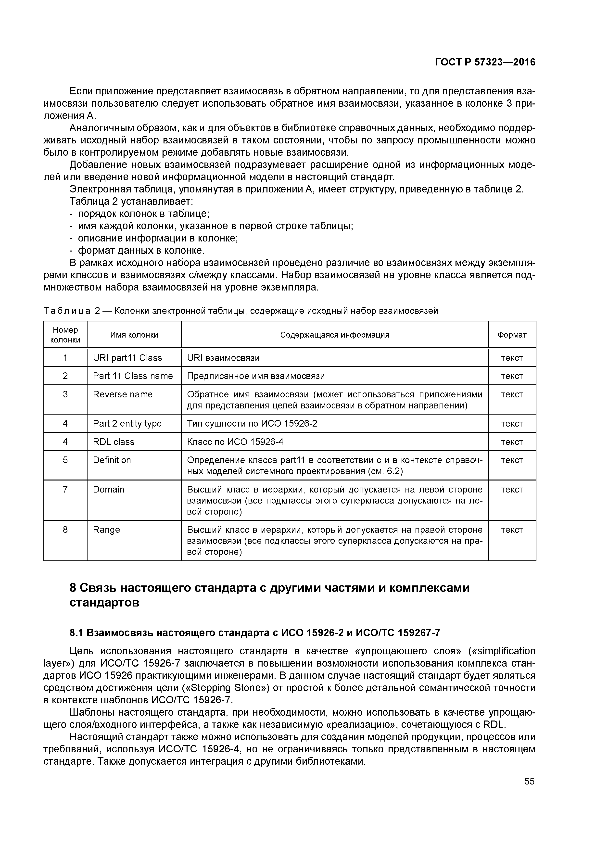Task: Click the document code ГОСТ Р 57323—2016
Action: pos(485,62)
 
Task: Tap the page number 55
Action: pos(529,781)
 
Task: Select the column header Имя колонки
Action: pos(134,334)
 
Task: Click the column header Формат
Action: pos(512,334)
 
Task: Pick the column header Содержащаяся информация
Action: pos(335,334)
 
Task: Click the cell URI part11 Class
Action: pos(127,358)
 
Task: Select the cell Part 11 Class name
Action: pos(133,376)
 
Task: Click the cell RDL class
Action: pos(114,442)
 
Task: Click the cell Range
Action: pos(106,530)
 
